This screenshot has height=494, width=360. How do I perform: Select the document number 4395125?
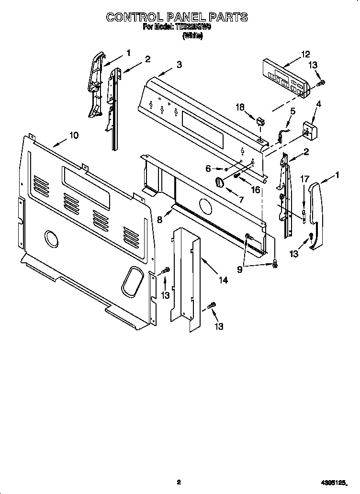coord(332,483)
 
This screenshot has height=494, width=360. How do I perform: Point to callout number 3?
coord(179,65)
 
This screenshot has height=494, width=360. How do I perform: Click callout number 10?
coord(73,135)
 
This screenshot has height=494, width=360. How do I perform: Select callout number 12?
coord(306,54)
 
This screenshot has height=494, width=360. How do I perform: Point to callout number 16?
coord(256,190)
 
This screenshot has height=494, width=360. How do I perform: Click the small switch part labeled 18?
coord(261,121)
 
